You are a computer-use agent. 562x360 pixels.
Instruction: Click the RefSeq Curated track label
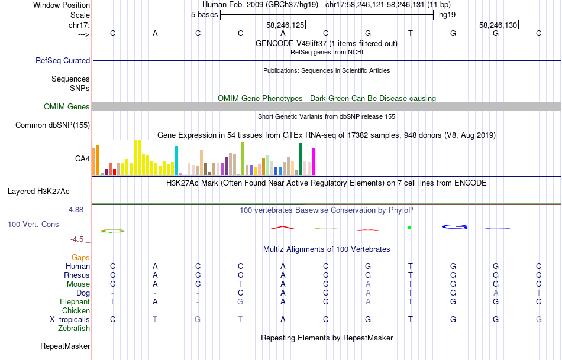63,60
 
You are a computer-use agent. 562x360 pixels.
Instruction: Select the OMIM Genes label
67,107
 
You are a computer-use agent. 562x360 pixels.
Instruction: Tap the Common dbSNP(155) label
53,125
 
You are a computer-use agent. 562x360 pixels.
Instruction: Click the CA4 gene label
82,158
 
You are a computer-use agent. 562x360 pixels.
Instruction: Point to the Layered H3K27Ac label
38,192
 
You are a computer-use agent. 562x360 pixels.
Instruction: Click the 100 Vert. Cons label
33,225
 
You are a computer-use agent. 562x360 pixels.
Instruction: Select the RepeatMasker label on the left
65,346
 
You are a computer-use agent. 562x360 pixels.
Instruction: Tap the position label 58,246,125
285,25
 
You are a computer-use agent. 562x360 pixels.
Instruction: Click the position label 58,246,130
498,25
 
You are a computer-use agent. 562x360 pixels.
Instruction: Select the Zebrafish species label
74,329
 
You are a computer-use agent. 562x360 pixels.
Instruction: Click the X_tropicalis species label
70,320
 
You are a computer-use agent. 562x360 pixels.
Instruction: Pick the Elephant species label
75,302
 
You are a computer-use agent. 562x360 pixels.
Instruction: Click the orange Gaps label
80,258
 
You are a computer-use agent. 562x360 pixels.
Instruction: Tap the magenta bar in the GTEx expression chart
314,161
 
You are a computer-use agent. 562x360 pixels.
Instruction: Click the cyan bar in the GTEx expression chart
176,160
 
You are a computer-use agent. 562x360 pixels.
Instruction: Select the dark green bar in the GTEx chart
301,159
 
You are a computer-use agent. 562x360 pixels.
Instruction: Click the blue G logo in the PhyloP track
454,226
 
